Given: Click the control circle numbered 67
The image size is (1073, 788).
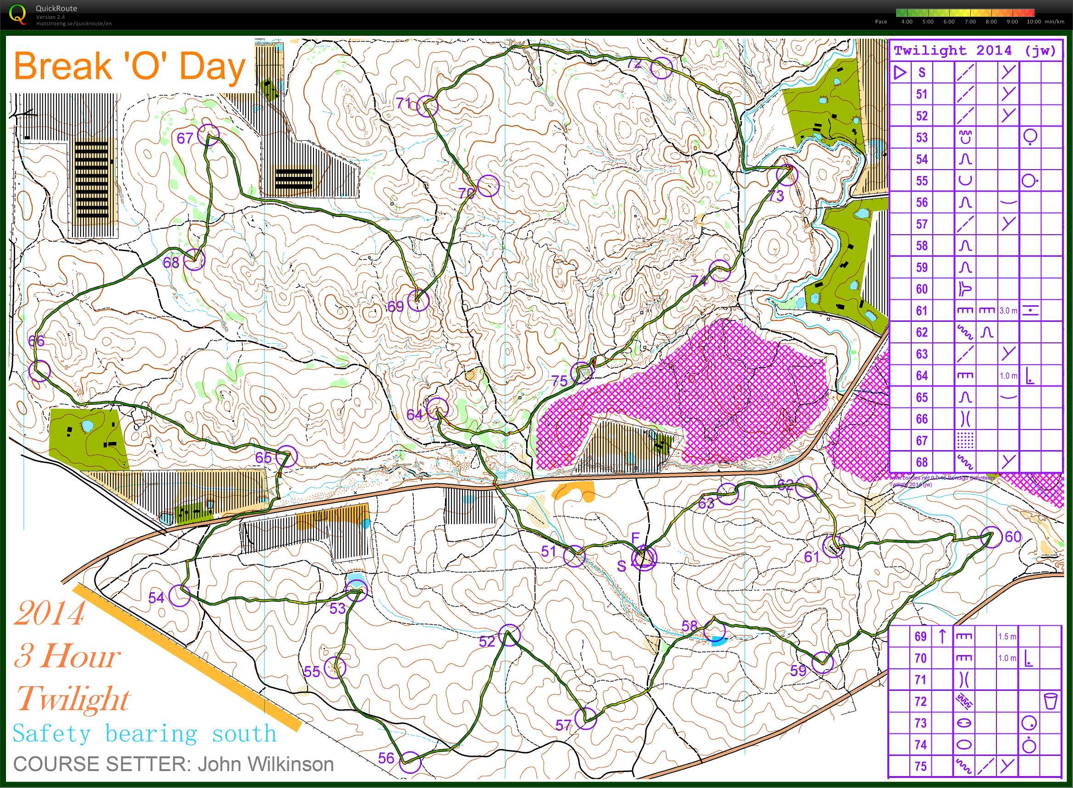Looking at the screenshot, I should [x=209, y=134].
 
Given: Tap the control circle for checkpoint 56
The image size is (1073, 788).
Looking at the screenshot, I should [x=411, y=762].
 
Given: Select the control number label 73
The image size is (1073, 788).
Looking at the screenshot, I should [x=776, y=196].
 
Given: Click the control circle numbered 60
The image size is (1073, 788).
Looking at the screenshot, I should [x=991, y=537].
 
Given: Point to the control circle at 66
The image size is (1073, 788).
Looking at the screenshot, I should [x=39, y=371].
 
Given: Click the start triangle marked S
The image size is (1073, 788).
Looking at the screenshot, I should [x=644, y=557].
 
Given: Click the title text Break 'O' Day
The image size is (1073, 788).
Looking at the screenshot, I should [x=129, y=67].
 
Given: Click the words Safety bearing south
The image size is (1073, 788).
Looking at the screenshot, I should [x=144, y=733].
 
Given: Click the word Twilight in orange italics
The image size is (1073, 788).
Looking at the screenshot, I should [x=73, y=699].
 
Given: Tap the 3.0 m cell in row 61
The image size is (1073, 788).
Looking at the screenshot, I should [x=1008, y=310].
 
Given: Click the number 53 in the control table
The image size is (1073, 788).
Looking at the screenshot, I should [x=921, y=138].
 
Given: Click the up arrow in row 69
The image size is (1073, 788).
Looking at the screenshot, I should [x=942, y=636].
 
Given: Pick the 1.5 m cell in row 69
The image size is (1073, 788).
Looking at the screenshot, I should [x=1007, y=637].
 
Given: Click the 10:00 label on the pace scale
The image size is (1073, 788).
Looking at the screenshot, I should [x=1034, y=22].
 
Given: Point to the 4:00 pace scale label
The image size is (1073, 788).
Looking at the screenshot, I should [x=907, y=22].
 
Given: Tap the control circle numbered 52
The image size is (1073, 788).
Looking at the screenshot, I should [x=509, y=635].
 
